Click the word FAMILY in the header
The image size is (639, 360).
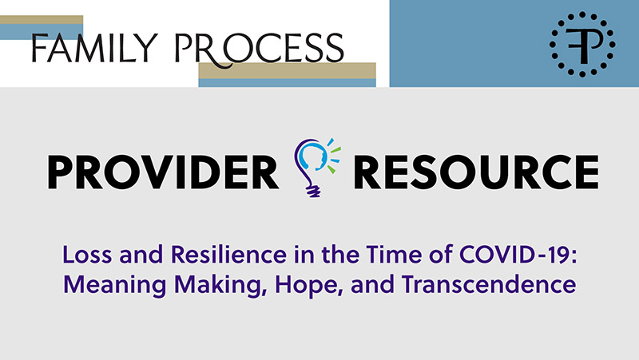tap(94, 48)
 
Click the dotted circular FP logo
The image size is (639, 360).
tap(582, 44)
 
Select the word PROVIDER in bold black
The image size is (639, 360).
tap(163, 172)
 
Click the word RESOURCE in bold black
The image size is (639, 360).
tap(476, 172)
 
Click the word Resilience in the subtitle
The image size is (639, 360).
tap(228, 255)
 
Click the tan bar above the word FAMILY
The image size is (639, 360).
tap(42, 19)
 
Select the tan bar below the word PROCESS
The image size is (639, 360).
tap(287, 70)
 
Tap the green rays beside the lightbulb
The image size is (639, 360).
tap(334, 159)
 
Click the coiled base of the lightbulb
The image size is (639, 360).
tap(313, 190)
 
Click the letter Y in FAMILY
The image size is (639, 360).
tap(148, 49)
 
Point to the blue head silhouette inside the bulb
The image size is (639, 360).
tap(314, 156)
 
